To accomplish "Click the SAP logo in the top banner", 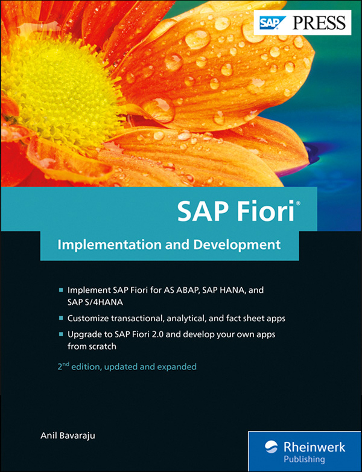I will (x=270, y=23).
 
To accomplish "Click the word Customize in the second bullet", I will (x=91, y=317).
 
